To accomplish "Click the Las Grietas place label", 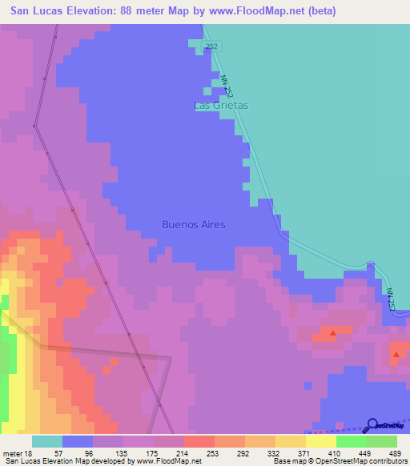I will (x=222, y=105).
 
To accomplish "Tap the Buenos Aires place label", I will (x=193, y=224).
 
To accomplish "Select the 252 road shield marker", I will (x=211, y=47).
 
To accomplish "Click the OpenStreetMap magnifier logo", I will (x=372, y=424).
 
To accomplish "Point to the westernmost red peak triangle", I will (x=333, y=331).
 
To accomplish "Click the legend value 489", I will (x=395, y=452).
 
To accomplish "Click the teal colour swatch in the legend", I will (x=47, y=441).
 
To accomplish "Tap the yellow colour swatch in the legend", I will (x=320, y=441).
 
